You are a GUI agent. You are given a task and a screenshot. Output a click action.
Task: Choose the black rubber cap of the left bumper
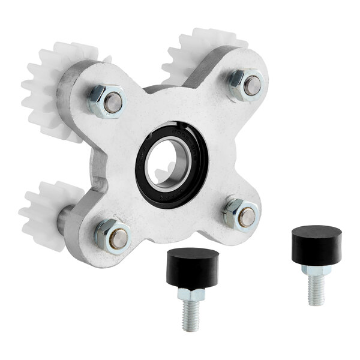pyautogui.click(x=192, y=264)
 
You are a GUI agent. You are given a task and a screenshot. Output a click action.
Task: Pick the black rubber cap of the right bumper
pyautogui.click(x=316, y=243)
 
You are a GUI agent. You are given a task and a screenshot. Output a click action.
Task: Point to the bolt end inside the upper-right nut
pyautogui.click(x=253, y=86)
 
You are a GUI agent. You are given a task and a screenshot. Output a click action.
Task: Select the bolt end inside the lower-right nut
pyautogui.click(x=245, y=217)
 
